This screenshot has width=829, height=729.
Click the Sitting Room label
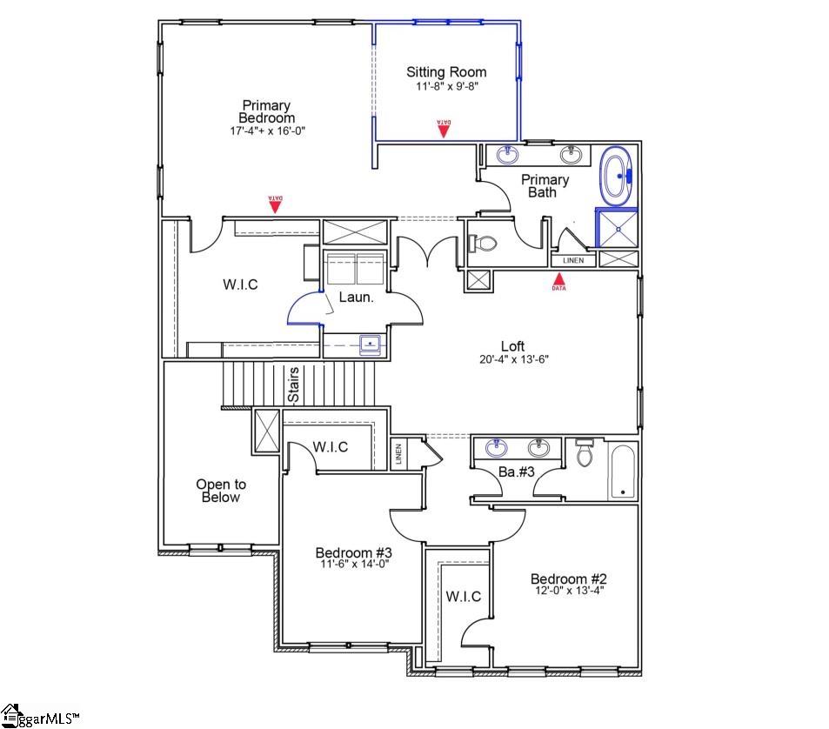point(446,72)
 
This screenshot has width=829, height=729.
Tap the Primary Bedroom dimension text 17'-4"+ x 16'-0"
point(268,130)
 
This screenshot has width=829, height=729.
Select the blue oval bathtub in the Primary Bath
point(618,177)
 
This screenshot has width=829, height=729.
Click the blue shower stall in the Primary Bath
point(616,228)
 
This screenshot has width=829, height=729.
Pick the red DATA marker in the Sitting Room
point(444,129)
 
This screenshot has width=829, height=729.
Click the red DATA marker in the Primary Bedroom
point(276,204)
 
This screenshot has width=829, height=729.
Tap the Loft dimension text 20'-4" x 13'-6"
point(513,358)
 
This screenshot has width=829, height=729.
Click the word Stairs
point(294,385)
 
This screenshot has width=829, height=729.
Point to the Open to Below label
point(220,491)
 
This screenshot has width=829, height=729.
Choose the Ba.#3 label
point(517,472)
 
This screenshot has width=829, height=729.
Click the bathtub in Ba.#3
point(622,471)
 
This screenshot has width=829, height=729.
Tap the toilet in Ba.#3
point(583,453)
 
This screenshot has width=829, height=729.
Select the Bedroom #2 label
point(568,579)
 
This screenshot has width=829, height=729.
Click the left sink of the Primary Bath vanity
point(509,155)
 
